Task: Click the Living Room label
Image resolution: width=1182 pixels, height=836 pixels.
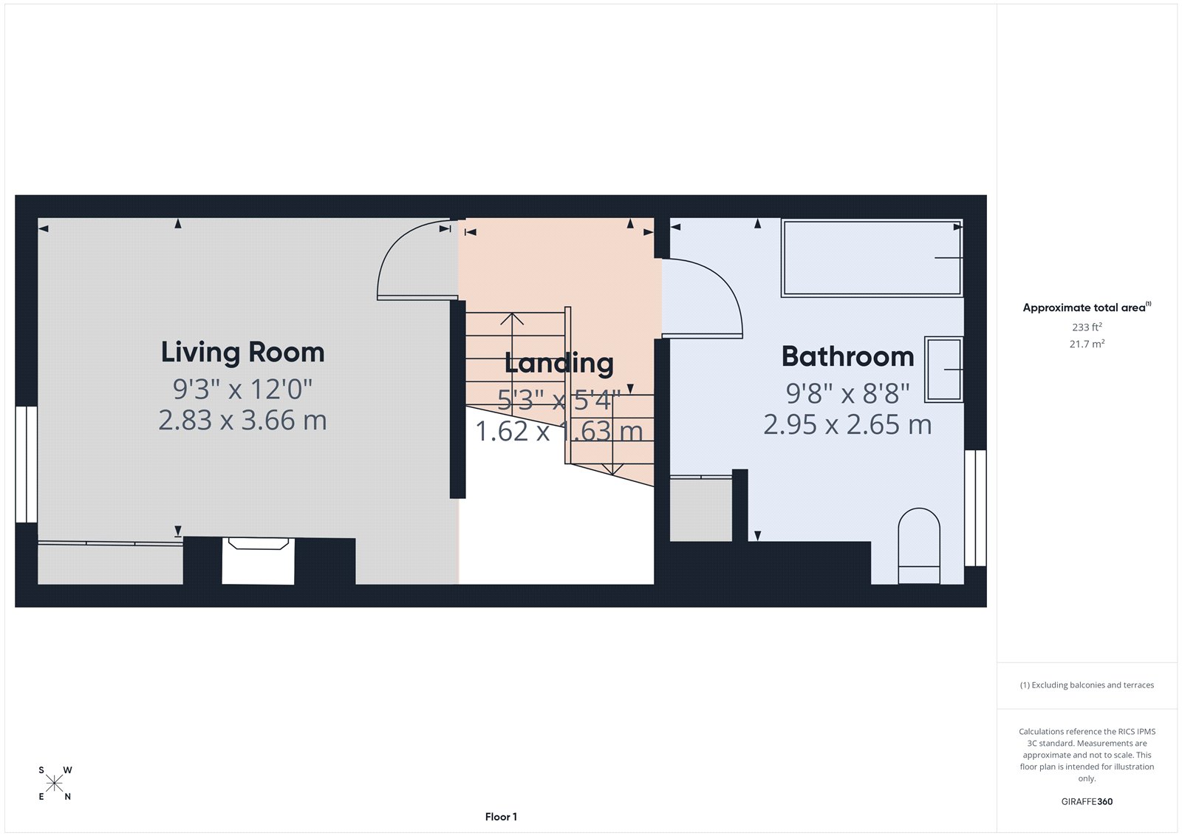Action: pyautogui.click(x=242, y=352)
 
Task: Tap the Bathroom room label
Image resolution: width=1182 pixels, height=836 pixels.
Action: pyautogui.click(x=847, y=356)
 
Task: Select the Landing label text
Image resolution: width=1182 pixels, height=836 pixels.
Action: pyautogui.click(x=558, y=363)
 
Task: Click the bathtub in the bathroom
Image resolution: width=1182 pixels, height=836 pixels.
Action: pyautogui.click(x=872, y=257)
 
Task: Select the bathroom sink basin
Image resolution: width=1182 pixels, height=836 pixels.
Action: pyautogui.click(x=943, y=369)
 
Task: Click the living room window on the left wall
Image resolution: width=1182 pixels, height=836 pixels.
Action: pyautogui.click(x=27, y=463)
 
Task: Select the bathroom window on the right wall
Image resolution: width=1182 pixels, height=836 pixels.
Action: pyautogui.click(x=975, y=508)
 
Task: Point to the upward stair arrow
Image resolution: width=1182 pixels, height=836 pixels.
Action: pyautogui.click(x=511, y=319)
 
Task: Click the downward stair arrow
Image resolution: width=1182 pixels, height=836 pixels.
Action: pyautogui.click(x=612, y=467)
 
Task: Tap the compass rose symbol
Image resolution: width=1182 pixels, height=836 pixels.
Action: pyautogui.click(x=55, y=783)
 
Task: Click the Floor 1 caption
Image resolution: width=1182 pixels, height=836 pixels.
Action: pyautogui.click(x=501, y=817)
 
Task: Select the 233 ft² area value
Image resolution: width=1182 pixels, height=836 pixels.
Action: pyautogui.click(x=1087, y=327)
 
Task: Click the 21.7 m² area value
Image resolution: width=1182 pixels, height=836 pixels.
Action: pyautogui.click(x=1087, y=344)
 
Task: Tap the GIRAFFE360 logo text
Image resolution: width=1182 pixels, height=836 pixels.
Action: pyautogui.click(x=1087, y=801)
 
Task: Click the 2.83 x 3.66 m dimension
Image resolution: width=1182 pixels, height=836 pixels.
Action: pyautogui.click(x=242, y=421)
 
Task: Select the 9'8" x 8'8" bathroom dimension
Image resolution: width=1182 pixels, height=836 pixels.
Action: pyautogui.click(x=847, y=393)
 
